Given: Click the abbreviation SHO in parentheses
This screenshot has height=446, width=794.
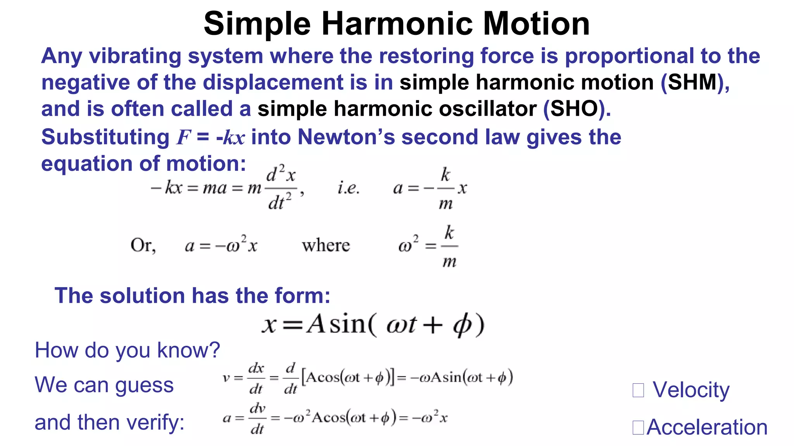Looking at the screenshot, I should (575, 109).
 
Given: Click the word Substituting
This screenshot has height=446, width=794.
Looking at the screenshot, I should (105, 138).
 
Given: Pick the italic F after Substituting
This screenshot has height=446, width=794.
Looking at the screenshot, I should (183, 138).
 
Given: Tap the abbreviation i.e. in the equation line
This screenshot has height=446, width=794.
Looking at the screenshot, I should (348, 189).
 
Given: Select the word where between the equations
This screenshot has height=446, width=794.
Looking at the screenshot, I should (326, 245).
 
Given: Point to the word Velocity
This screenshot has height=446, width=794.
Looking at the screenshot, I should (691, 389).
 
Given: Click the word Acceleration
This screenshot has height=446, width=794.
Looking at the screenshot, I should (707, 427).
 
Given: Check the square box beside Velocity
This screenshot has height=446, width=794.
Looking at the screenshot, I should (638, 390).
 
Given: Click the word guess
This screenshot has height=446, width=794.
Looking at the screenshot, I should (144, 386).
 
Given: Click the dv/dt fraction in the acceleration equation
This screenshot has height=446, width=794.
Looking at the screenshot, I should (257, 418).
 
